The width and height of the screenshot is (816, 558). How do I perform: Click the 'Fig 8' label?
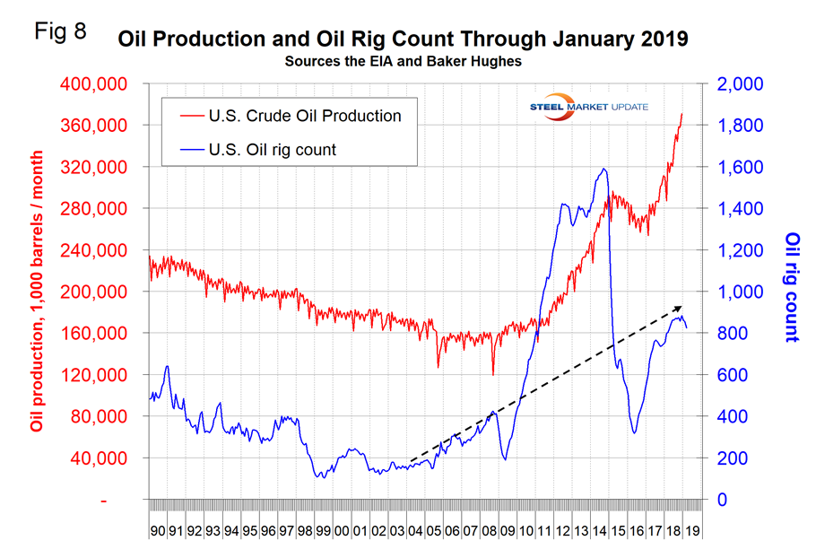(x=61, y=33)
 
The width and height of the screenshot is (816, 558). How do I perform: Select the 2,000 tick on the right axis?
(x=740, y=84)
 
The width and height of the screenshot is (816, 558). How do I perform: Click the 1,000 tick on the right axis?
(x=740, y=292)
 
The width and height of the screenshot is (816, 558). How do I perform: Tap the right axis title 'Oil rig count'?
(x=791, y=287)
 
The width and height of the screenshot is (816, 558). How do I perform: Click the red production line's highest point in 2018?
(x=681, y=114)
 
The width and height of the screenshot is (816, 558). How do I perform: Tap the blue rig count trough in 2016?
(x=634, y=432)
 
